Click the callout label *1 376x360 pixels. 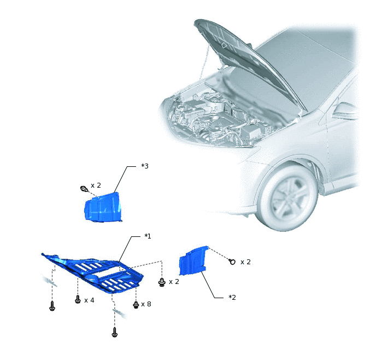148,236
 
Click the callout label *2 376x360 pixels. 232,298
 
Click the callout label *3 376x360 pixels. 145,166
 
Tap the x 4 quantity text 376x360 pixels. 89,300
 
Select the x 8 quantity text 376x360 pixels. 146,304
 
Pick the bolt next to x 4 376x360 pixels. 78,299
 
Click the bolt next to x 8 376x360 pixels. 136,305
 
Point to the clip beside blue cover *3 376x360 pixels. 84,189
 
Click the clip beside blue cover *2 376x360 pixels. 232,262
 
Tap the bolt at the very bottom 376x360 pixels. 115,333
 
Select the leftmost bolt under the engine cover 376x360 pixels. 52,306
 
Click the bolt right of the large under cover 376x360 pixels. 162,282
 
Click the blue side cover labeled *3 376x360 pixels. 103,207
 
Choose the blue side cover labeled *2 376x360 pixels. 192,260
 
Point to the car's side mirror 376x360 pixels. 345,112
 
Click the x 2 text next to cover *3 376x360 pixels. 96,185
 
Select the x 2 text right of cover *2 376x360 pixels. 245,262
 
